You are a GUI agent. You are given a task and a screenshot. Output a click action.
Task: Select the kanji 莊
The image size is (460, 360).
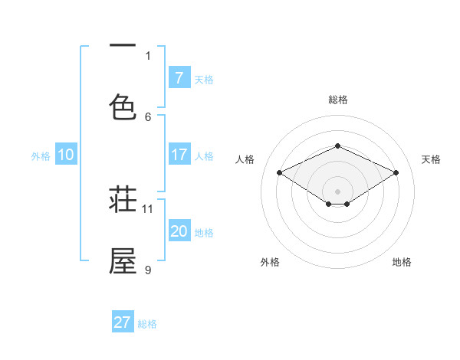[123, 201]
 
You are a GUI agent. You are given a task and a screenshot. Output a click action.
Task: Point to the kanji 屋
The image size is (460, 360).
[123, 261]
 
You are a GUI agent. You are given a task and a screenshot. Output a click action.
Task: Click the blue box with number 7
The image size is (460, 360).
[179, 77]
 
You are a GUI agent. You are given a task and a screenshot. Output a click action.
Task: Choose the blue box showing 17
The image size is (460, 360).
[179, 155]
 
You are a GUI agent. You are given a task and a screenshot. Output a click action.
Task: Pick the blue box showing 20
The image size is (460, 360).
[179, 231]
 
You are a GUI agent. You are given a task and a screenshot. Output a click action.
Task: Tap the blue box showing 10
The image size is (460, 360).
[66, 155]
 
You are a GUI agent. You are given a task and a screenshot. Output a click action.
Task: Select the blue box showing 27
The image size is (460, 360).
[123, 322]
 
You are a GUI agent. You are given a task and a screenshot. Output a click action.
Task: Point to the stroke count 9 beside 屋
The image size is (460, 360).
[148, 269]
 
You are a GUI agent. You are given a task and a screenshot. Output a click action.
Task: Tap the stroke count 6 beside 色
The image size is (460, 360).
[148, 116]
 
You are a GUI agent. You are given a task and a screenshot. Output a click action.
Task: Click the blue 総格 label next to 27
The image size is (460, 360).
[147, 324]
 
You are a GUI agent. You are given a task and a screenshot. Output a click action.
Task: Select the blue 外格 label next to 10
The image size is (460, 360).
[41, 156]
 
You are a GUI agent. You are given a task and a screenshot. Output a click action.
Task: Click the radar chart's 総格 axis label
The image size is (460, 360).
[338, 100]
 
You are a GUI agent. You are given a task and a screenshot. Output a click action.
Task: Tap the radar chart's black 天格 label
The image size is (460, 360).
[432, 159]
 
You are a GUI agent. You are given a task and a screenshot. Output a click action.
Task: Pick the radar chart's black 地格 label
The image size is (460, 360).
[402, 262]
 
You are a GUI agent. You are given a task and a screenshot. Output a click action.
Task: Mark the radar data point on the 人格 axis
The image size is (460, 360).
[280, 173]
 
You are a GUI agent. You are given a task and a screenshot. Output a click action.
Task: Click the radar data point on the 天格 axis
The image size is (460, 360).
[396, 173]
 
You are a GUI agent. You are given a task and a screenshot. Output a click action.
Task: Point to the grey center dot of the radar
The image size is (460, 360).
[338, 191]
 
